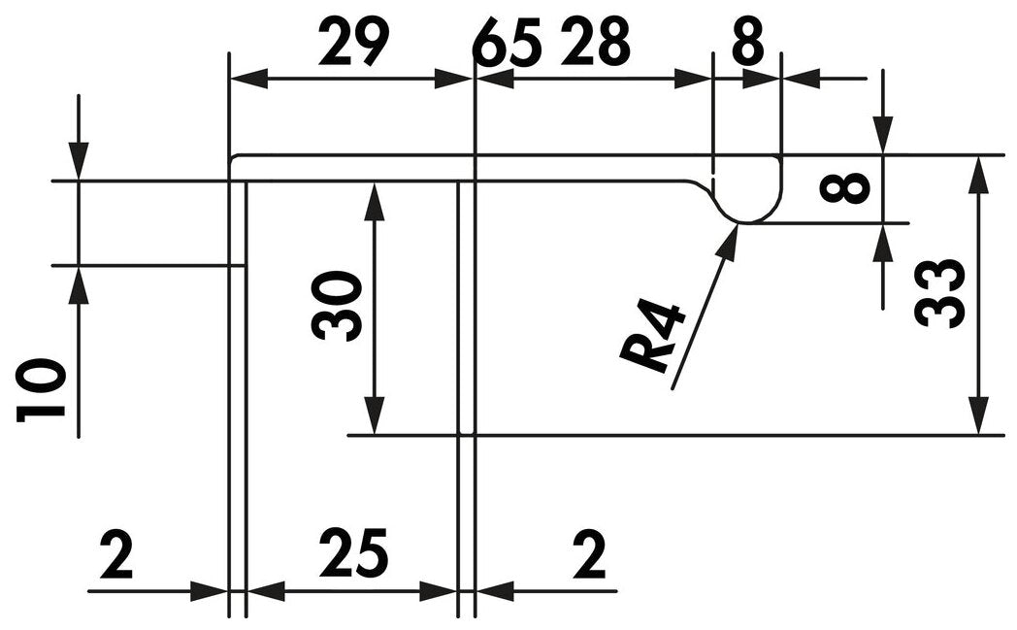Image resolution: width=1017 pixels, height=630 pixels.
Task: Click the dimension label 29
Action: pyautogui.click(x=353, y=43)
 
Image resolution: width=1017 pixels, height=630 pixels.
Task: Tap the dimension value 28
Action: pyautogui.click(x=596, y=43)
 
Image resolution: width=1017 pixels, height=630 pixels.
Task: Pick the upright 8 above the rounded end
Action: pyautogui.click(x=746, y=44)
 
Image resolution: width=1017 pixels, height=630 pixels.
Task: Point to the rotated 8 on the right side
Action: pyautogui.click(x=844, y=188)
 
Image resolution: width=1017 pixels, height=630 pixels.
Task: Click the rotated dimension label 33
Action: pyautogui.click(x=936, y=294)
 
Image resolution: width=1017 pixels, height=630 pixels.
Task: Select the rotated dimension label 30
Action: pyautogui.click(x=335, y=306)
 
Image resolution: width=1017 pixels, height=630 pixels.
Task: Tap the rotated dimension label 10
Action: pyautogui.click(x=42, y=390)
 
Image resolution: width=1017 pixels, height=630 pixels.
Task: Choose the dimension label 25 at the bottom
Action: pyautogui.click(x=353, y=552)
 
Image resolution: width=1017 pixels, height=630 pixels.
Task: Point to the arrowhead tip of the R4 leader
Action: pyautogui.click(x=738, y=223)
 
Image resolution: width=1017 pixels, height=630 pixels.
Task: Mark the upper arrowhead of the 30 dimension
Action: pyautogui.click(x=373, y=182)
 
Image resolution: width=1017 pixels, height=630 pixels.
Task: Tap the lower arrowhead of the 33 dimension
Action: pyautogui.click(x=978, y=434)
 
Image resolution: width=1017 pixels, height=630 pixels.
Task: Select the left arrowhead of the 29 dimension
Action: pyautogui.click(x=232, y=79)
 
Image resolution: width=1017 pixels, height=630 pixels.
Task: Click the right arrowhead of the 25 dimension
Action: pyautogui.click(x=457, y=591)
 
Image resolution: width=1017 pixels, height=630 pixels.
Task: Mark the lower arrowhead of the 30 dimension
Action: pyautogui.click(x=373, y=434)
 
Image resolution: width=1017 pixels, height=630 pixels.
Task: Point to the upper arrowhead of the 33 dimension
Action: pyautogui.click(x=978, y=156)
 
